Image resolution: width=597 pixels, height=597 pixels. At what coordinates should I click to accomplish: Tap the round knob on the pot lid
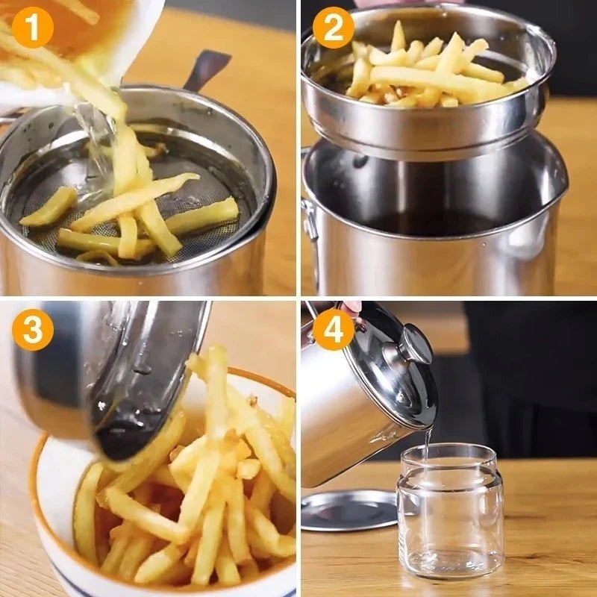tap(416, 345)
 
